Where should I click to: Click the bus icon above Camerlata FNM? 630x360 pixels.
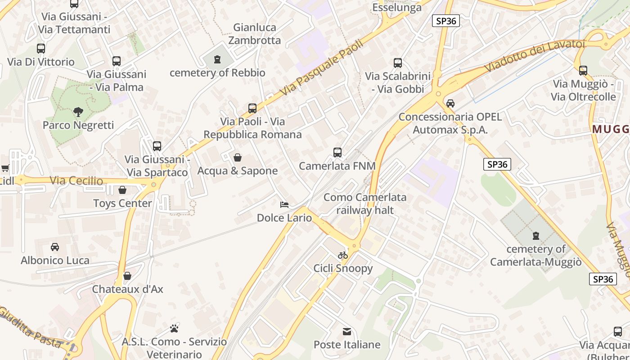click(x=337, y=153)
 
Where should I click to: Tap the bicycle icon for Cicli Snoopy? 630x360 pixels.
click(x=343, y=255)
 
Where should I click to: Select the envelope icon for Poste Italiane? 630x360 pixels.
click(x=347, y=332)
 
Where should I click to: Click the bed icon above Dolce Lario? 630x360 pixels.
click(x=284, y=205)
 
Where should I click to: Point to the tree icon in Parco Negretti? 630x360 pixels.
click(x=78, y=112)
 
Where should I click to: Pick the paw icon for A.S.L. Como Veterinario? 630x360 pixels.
click(x=174, y=328)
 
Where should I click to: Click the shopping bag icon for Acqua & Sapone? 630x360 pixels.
click(x=238, y=157)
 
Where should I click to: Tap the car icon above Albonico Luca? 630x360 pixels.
click(x=55, y=247)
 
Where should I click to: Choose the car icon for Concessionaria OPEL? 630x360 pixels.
click(x=450, y=103)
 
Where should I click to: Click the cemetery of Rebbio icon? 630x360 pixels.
click(x=217, y=59)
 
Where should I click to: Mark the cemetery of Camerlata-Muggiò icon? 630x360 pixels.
click(x=535, y=235)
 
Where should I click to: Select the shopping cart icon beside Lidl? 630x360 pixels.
click(x=5, y=168)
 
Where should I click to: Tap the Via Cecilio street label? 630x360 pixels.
click(x=76, y=181)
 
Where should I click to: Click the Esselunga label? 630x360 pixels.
click(x=397, y=7)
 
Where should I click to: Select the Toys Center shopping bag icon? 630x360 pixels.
click(x=122, y=190)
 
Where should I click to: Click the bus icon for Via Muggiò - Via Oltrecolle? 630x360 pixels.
click(x=583, y=71)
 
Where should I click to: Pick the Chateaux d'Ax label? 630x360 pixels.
click(x=128, y=289)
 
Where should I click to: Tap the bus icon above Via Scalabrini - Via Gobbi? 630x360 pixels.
click(x=398, y=63)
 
